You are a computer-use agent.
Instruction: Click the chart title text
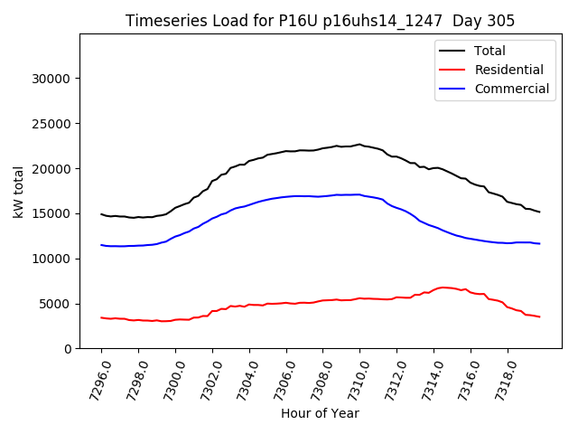click(320, 21)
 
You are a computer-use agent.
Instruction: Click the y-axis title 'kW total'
click(19, 192)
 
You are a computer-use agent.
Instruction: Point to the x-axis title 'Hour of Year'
click(320, 413)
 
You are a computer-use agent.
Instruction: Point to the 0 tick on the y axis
click(69, 349)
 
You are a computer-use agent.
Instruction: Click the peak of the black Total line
click(359, 144)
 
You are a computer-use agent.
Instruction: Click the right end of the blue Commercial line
click(539, 244)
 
